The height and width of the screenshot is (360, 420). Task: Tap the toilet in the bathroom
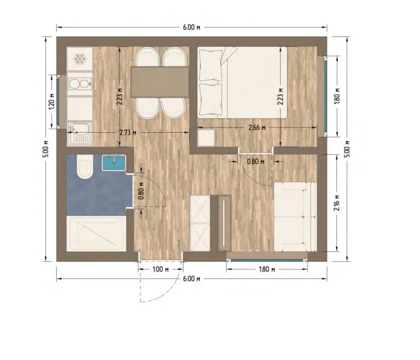(85, 168)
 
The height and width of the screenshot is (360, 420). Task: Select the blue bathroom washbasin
(114, 162)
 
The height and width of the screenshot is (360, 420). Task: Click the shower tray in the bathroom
(96, 234)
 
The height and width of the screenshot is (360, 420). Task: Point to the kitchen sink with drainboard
(80, 134)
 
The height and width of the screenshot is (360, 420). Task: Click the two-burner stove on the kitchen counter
(80, 84)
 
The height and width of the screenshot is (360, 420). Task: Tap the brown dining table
(160, 82)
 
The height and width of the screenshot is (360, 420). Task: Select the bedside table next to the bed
(206, 138)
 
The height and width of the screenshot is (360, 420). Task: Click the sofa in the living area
(295, 217)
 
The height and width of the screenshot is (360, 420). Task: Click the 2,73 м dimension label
(128, 132)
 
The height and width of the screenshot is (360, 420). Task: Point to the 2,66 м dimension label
(257, 128)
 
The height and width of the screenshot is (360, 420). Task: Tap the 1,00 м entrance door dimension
(160, 269)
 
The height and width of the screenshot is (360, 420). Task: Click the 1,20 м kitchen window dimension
(52, 101)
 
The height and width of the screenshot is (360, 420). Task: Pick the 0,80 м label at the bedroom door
(255, 162)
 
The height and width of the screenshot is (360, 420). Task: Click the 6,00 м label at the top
(192, 27)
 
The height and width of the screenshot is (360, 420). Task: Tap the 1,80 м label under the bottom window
(267, 269)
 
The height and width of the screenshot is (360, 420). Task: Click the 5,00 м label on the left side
(46, 149)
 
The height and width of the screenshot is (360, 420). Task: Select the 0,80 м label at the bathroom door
(142, 191)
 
